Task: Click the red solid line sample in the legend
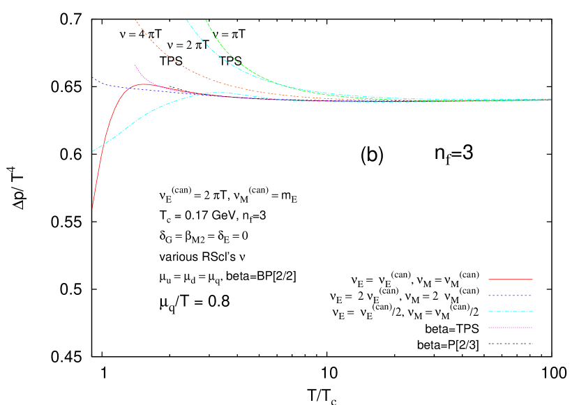510,280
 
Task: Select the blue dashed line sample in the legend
510,296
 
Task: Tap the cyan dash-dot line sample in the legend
510,312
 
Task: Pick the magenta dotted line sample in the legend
510,328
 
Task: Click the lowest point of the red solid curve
92,208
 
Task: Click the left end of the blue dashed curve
93,78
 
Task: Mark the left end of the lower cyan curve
93,151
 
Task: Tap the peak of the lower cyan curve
221,93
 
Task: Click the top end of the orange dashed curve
135,20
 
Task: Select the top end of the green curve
206,20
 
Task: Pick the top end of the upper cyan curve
186,20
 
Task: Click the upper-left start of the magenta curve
135,66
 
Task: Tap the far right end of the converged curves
550,99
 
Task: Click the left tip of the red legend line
488,280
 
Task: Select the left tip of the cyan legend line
488,312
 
